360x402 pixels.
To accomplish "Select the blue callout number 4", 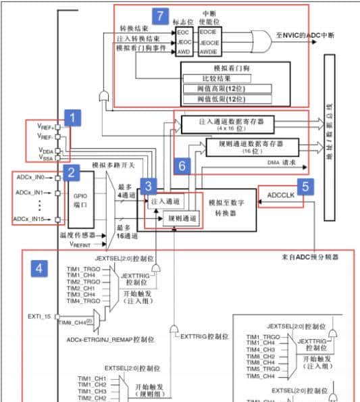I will [41, 268].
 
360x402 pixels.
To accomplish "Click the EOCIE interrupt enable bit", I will [207, 31].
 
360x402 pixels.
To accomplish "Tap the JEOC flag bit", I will [184, 42].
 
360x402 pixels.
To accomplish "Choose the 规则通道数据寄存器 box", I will [250, 147].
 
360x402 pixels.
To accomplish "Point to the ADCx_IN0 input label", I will [30, 177].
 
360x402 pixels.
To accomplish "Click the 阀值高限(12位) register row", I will [226, 89].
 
